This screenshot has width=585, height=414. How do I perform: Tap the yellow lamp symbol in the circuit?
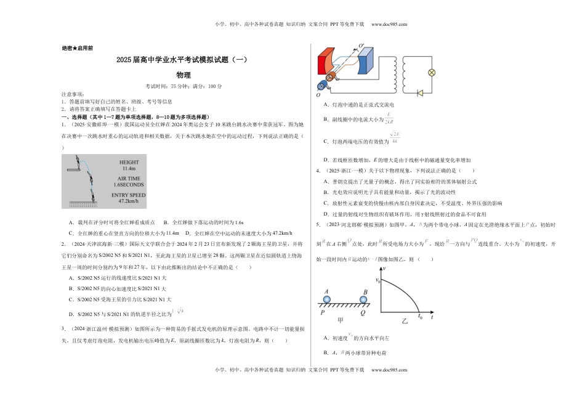432,72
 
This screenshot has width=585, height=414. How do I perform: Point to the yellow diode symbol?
420,93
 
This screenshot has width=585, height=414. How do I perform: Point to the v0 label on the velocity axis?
378,280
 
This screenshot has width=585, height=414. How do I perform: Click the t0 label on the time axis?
420,316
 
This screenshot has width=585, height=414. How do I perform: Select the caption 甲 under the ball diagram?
341,320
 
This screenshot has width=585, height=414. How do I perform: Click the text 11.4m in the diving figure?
128,168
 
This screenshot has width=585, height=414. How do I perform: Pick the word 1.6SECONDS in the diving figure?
128,184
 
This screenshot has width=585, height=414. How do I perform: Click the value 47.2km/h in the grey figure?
128,200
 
